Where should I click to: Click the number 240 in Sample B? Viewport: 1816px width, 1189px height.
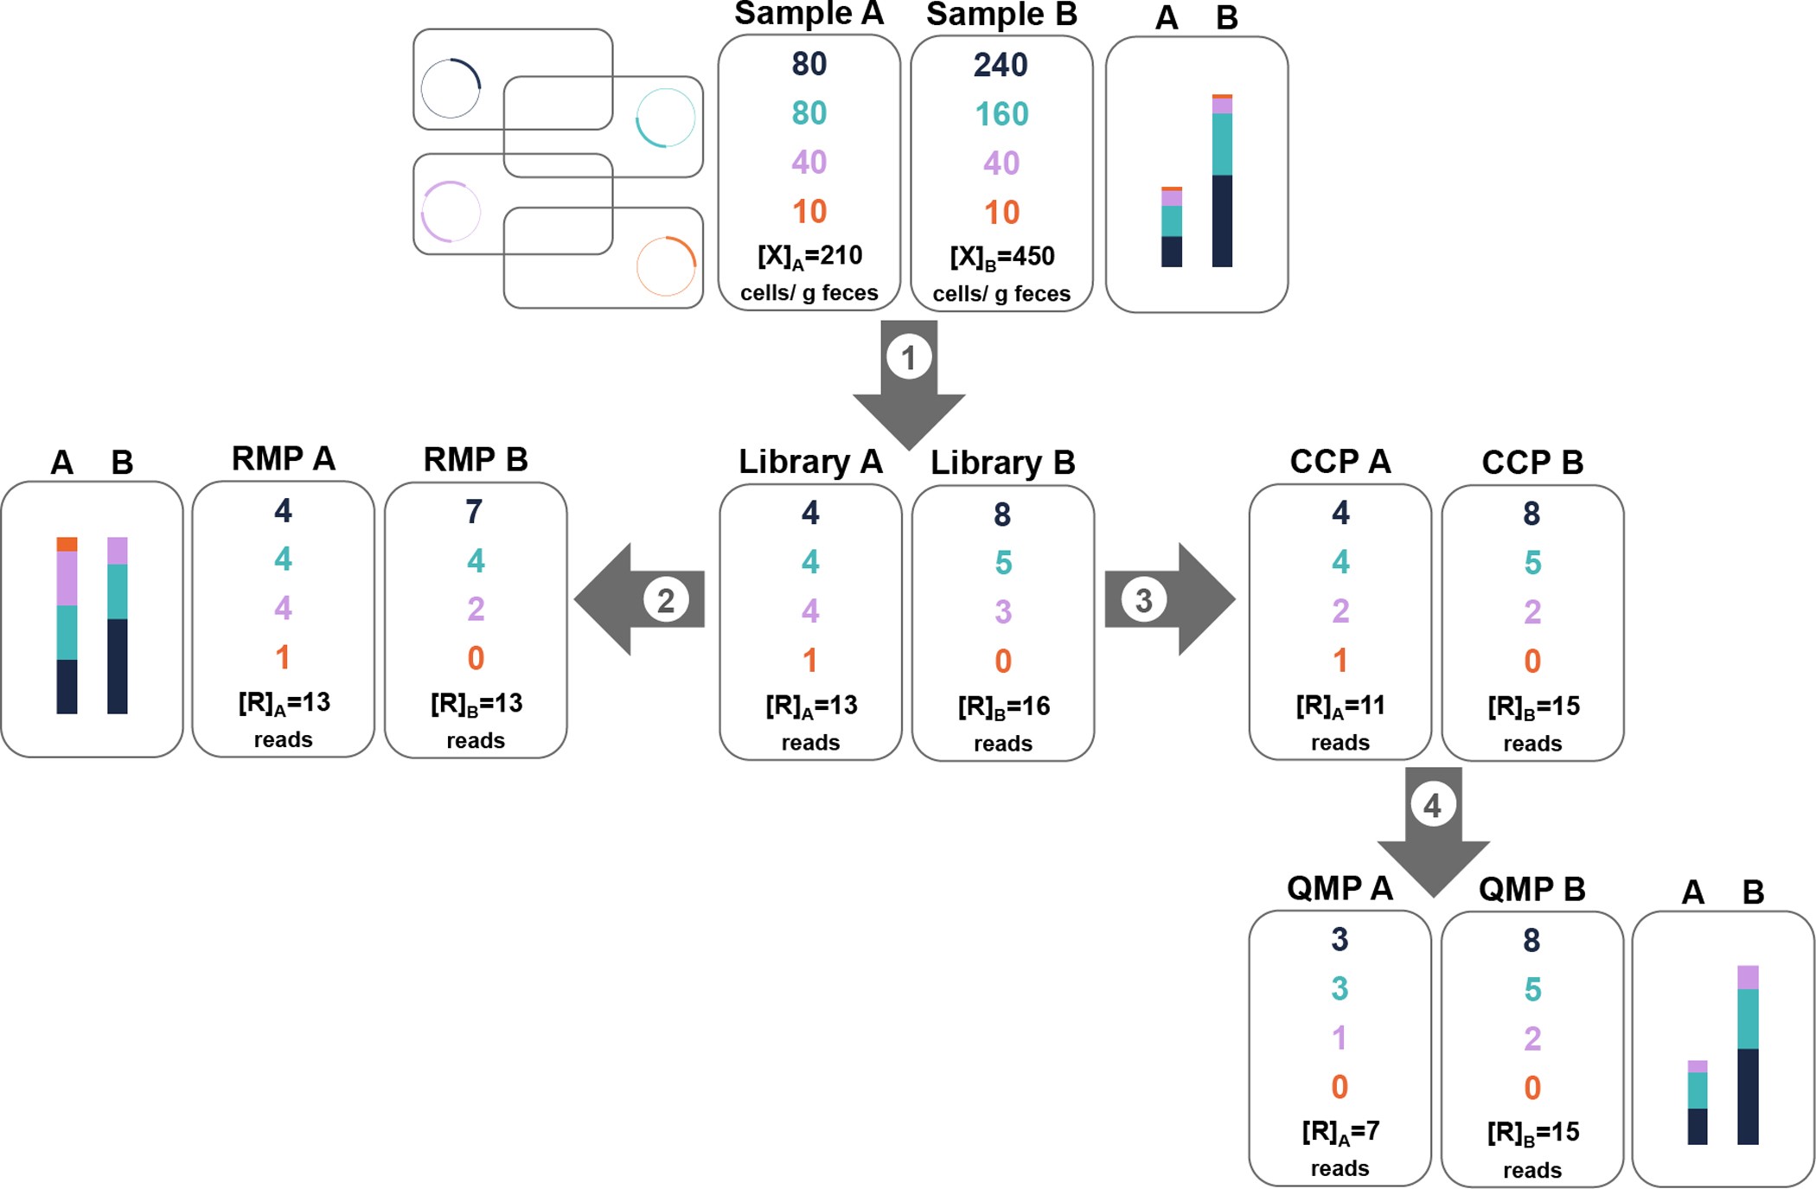tap(1001, 65)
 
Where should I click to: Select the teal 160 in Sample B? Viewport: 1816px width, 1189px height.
tap(1001, 114)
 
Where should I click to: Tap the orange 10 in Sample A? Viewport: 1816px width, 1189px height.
tap(809, 212)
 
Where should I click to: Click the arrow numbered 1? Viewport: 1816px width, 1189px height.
tap(909, 380)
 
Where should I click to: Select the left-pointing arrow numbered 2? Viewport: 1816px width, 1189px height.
tap(640, 599)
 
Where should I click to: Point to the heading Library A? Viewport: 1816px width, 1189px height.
tap(810, 462)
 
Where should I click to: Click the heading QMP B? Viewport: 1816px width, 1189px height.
tap(1531, 889)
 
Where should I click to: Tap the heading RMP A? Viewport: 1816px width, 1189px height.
tap(283, 459)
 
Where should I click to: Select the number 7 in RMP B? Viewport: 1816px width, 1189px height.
tap(474, 512)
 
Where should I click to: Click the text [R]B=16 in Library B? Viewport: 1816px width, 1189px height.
tap(1003, 706)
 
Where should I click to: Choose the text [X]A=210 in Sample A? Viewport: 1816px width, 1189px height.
tap(809, 256)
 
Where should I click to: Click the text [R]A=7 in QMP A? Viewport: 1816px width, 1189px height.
tap(1340, 1132)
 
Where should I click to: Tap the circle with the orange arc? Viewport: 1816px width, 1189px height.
tap(666, 266)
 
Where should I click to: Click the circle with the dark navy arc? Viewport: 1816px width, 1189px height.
tap(451, 88)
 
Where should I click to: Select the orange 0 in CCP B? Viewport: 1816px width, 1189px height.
tap(1531, 662)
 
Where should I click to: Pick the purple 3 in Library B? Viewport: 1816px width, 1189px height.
tap(1002, 612)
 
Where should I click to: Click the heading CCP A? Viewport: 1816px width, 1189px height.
tap(1340, 462)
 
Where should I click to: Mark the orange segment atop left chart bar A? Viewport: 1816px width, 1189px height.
tap(67, 544)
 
